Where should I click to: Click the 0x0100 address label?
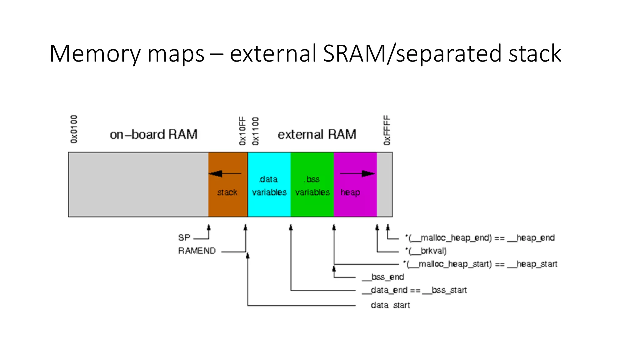pos(74,129)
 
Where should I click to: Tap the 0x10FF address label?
pos(242,131)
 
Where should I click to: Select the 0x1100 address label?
pos(256,131)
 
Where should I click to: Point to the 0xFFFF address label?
pos(387,130)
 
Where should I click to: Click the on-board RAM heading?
pos(153,135)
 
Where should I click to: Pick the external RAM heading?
pos(317,135)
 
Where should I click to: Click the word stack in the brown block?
pos(227,192)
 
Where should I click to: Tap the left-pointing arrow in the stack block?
pos(224,173)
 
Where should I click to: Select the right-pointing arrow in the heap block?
pos(357,173)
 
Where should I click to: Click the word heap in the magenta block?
pos(350,192)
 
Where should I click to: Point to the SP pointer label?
pos(184,238)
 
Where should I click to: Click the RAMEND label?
pos(197,251)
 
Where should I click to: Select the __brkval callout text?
pos(426,251)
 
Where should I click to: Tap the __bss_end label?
pos(383,277)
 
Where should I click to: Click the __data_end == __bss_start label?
pos(414,290)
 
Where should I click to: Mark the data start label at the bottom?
pos(390,305)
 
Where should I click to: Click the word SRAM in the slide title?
pos(354,54)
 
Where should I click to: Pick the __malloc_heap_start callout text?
pos(480,264)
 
